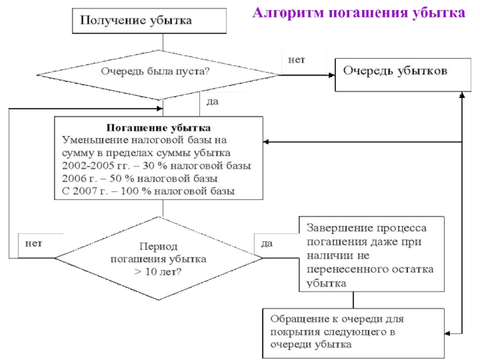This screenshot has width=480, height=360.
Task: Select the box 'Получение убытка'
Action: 149,21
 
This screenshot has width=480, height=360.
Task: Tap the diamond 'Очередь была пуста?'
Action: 158,75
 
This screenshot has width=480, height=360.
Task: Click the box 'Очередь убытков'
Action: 403,74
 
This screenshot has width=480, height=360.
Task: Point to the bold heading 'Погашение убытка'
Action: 158,128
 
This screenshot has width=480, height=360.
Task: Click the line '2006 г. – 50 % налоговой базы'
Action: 140,178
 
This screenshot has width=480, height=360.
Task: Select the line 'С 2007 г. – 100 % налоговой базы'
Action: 148,191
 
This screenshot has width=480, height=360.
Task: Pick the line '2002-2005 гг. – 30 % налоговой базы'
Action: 157,166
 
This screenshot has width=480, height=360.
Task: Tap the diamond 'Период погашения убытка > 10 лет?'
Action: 158,259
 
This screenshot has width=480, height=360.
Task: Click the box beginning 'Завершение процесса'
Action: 371,254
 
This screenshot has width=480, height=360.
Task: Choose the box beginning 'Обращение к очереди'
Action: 353,333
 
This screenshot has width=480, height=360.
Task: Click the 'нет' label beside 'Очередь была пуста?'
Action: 296,60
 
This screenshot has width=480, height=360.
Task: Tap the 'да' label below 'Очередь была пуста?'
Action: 212,101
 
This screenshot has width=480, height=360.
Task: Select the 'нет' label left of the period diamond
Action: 34,244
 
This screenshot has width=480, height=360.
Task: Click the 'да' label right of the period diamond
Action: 267,244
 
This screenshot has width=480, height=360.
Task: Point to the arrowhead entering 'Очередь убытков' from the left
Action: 332,75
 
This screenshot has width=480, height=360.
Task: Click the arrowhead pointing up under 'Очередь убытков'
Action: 462,95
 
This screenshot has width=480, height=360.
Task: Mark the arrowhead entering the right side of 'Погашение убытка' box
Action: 266,142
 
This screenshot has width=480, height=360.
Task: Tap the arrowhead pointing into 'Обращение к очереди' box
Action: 448,334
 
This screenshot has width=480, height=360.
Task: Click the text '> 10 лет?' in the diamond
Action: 158,272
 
